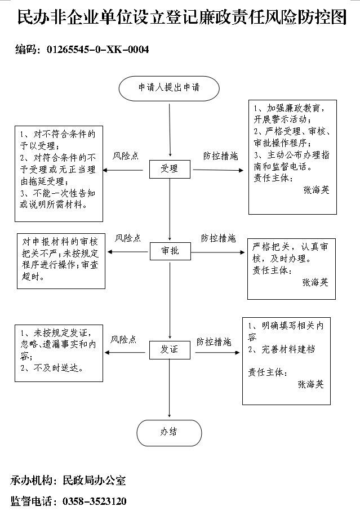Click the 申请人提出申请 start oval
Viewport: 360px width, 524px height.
[169, 88]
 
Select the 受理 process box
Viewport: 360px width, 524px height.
[170, 169]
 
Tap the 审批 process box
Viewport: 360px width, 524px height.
[170, 251]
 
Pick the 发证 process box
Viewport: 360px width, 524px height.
[170, 350]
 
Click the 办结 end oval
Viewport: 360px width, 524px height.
[169, 433]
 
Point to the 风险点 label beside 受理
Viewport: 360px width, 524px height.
[125, 156]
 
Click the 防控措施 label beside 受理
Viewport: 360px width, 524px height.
[221, 156]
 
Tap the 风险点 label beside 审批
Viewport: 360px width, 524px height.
[128, 238]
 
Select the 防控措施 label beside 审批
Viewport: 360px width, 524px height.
[218, 238]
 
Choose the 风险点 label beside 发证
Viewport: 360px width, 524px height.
[123, 340]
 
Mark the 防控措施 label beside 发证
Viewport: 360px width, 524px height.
[214, 341]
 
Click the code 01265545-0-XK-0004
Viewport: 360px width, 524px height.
[98, 50]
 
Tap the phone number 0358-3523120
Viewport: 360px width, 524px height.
[95, 501]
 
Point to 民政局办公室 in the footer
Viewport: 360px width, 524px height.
[94, 481]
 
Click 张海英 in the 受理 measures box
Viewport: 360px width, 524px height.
[316, 190]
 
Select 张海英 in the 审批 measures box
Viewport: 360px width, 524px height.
[315, 282]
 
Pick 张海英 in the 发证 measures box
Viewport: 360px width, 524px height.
[311, 384]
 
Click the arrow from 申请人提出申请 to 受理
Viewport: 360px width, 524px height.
[170, 130]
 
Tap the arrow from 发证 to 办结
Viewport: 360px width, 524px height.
[170, 388]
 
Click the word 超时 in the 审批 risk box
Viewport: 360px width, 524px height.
[31, 277]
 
